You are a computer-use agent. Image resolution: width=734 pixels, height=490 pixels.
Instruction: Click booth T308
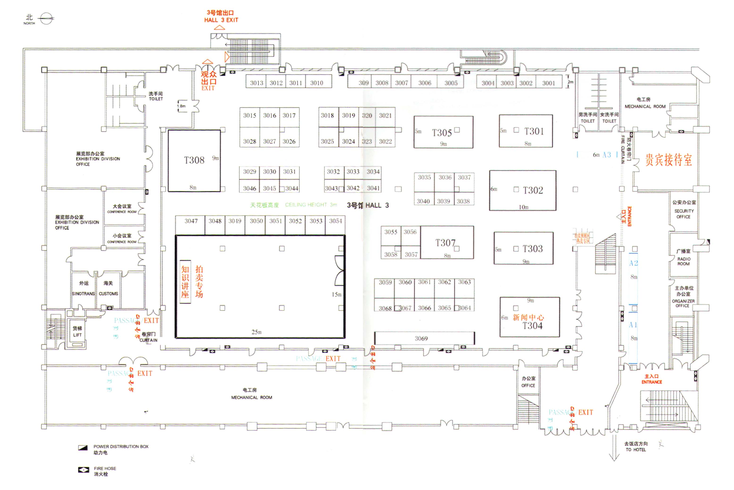194,160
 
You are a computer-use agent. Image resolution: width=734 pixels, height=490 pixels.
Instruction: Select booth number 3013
256,83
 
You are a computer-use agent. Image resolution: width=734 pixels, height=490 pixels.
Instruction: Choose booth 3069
421,338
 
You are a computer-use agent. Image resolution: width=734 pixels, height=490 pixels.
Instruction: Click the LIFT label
77,335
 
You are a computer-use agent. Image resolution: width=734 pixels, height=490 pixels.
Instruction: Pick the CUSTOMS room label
108,294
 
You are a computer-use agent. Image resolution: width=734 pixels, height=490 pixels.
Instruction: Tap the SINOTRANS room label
83,294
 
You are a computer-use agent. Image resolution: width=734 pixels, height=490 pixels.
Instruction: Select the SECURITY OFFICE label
684,214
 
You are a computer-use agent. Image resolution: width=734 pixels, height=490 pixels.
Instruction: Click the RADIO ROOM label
684,261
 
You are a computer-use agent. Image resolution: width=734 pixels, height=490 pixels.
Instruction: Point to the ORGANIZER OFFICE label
683,303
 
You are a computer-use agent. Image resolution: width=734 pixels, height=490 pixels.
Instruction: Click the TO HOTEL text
636,450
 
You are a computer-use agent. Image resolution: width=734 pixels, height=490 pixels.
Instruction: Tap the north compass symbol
46,18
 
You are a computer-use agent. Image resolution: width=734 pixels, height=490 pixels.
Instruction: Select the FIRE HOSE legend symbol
83,470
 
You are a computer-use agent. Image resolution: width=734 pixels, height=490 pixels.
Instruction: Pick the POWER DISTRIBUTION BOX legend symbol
83,448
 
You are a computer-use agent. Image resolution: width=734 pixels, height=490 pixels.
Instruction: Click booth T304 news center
530,322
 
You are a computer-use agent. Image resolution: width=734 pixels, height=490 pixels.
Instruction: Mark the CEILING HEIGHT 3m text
311,205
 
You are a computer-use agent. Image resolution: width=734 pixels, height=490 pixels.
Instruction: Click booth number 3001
548,83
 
